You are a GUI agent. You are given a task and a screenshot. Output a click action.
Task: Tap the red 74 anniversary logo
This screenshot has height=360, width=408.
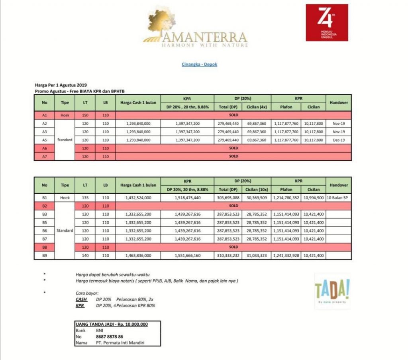click(x=327, y=22)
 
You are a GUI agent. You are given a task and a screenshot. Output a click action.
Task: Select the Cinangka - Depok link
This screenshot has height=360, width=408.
click(x=199, y=64)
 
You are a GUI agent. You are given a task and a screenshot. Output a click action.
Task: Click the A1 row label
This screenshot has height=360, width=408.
click(x=45, y=115)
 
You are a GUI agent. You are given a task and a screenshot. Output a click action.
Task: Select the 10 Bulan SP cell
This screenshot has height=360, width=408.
click(x=339, y=197)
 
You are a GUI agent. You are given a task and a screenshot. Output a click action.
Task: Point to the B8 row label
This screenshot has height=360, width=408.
click(x=45, y=247)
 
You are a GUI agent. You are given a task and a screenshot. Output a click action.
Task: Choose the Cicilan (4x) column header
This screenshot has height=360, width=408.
click(x=257, y=107)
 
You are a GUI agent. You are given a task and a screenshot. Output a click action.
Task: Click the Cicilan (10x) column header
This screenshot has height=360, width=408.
click(x=257, y=189)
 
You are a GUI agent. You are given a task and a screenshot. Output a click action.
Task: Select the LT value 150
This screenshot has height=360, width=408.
click(x=85, y=115)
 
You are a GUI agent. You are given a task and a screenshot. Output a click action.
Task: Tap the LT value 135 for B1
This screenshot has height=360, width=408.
click(x=85, y=197)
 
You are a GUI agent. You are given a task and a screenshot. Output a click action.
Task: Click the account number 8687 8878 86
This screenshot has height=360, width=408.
click(x=110, y=336)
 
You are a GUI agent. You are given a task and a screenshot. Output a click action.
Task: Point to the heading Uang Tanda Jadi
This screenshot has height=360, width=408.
click(x=112, y=324)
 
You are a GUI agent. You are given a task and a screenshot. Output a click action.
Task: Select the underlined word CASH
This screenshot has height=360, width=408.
click(x=81, y=299)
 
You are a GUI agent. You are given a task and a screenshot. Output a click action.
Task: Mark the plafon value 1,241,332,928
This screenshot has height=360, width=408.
click(x=286, y=255)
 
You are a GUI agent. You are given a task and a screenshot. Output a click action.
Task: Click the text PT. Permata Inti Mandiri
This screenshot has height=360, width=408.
click(x=120, y=342)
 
